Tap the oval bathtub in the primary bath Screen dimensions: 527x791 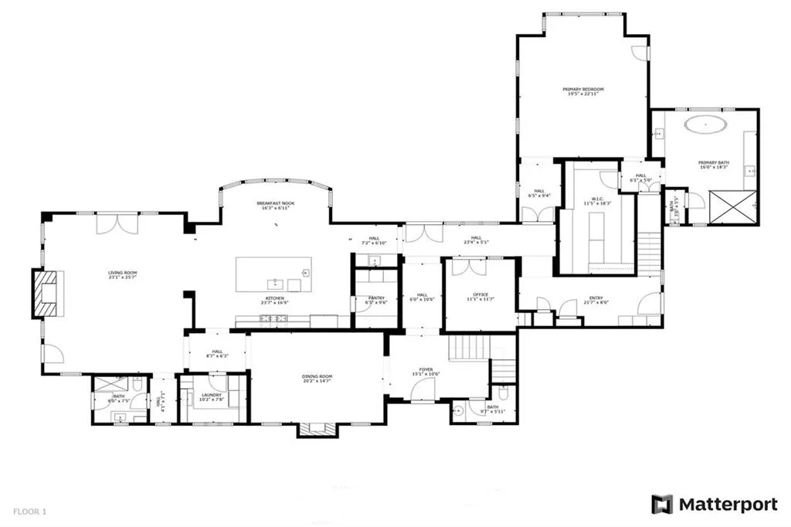pyautogui.click(x=704, y=123)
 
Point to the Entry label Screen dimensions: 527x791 pyautogui.click(x=596, y=299)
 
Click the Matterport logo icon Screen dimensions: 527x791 pyautogui.click(x=663, y=505)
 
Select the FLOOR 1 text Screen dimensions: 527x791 pyautogui.click(x=29, y=511)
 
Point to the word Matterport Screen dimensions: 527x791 pyautogui.click(x=728, y=505)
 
